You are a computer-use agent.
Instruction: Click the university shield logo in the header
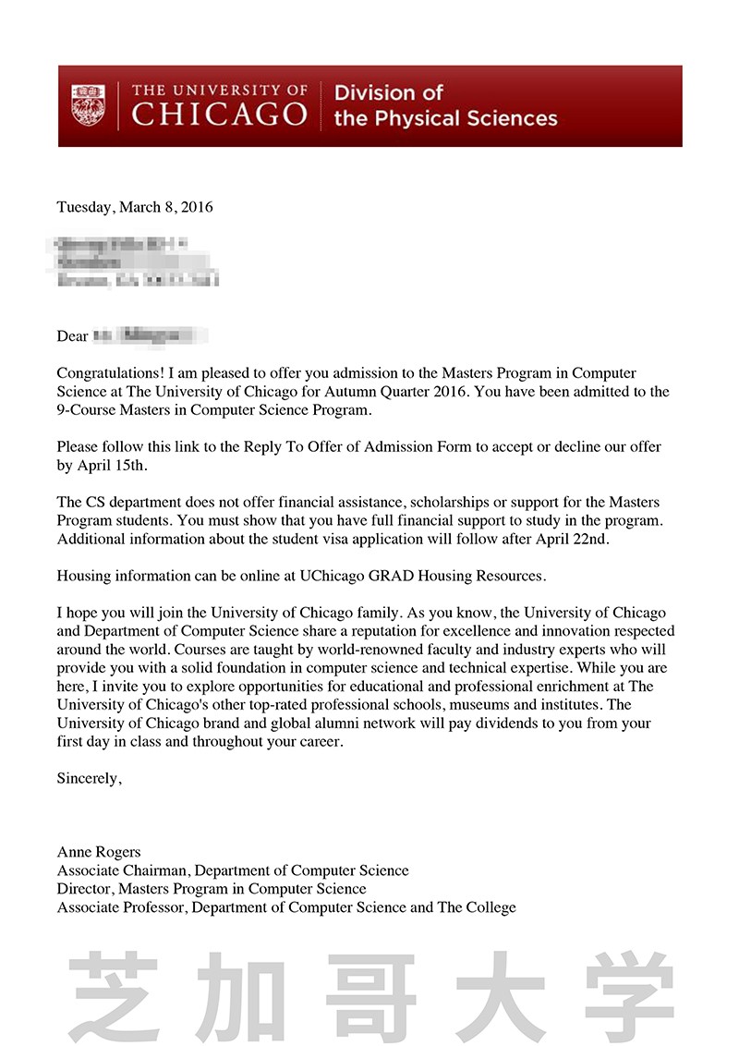click(89, 106)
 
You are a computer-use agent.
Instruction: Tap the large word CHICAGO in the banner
click(220, 116)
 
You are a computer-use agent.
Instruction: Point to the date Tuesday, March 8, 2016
click(135, 207)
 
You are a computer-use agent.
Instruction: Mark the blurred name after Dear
click(148, 335)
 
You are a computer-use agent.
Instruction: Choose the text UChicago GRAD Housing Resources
click(421, 576)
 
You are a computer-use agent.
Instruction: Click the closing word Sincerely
click(88, 778)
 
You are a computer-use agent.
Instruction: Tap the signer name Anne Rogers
click(99, 852)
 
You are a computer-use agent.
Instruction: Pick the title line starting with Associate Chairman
click(233, 870)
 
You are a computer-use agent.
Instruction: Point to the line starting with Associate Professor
click(286, 907)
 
